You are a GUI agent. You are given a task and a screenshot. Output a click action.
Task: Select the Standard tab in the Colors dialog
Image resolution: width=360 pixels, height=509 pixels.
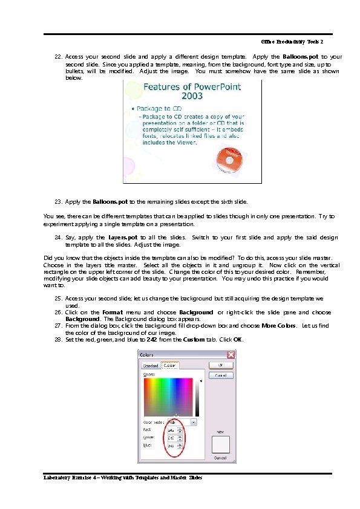[150, 366]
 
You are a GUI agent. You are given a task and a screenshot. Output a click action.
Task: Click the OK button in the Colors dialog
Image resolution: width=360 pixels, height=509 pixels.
[221, 365]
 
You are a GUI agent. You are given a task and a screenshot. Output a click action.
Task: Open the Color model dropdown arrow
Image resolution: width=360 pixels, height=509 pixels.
[194, 421]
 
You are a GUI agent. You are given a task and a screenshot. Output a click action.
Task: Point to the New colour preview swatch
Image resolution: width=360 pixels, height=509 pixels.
[221, 446]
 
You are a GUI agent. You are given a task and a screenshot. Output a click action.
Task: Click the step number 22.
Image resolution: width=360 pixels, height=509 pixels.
[59, 56]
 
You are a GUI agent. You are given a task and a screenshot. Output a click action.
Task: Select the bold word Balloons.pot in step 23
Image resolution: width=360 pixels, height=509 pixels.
[110, 201]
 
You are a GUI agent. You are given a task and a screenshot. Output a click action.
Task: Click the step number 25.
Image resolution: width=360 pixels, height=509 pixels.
[59, 299]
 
